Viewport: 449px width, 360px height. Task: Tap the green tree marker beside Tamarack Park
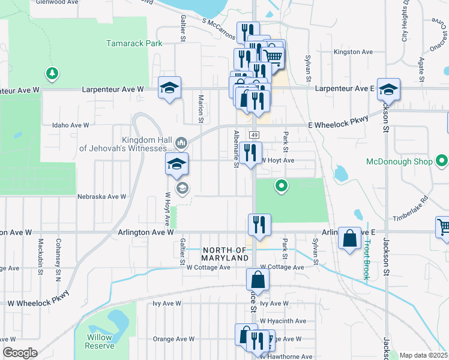pyautogui.click(x=52, y=74)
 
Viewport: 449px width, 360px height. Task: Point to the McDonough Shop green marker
pyautogui.click(x=442, y=161)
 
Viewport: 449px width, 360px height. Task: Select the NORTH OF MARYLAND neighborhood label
pyautogui.click(x=225, y=253)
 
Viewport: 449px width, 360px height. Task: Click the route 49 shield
pyautogui.click(x=255, y=134)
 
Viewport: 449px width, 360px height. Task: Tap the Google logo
pyautogui.click(x=20, y=353)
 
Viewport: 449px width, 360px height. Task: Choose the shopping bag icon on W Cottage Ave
pyautogui.click(x=258, y=279)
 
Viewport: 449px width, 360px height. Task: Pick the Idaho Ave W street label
pyautogui.click(x=71, y=125)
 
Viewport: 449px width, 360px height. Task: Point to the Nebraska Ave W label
pyautogui.click(x=102, y=196)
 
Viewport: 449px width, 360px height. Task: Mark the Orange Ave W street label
pyautogui.click(x=173, y=338)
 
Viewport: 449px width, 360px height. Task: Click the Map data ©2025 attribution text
pyautogui.click(x=423, y=355)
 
